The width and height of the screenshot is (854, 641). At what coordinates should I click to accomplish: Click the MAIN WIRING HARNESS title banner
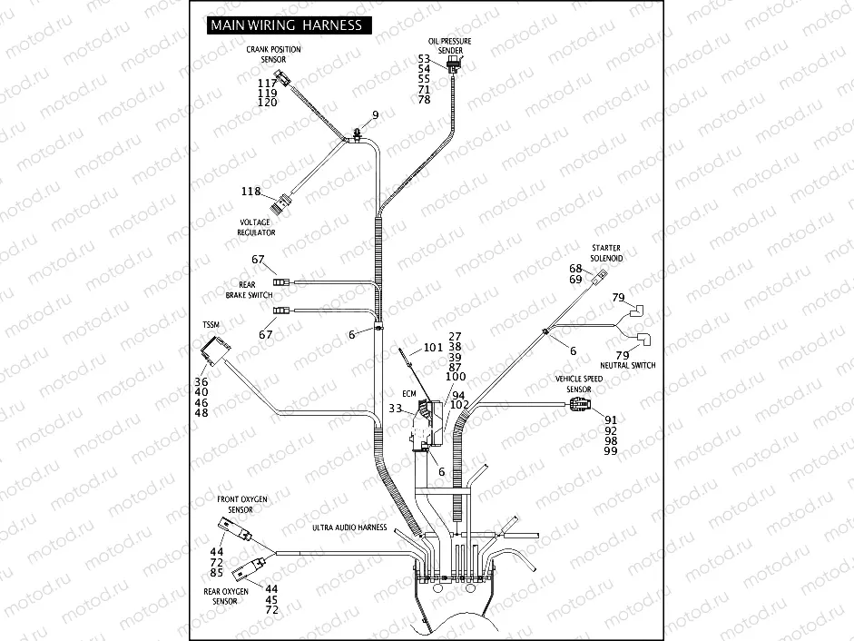click(x=286, y=25)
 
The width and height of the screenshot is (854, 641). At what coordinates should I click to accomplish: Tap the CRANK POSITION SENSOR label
click(x=273, y=54)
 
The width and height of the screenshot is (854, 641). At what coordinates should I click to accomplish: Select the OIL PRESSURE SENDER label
click(x=450, y=46)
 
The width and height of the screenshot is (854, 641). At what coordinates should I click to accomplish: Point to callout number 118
click(x=250, y=192)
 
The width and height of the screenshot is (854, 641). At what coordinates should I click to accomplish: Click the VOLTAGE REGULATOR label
click(x=257, y=227)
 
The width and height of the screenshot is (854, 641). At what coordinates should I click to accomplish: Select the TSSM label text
click(x=211, y=324)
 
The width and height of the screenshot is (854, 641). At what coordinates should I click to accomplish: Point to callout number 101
click(x=433, y=347)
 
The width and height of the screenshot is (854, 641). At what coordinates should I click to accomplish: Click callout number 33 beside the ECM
click(x=396, y=409)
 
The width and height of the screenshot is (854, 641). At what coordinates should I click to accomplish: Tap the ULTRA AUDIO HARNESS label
click(x=349, y=528)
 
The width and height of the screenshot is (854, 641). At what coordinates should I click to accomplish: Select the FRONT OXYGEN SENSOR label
click(x=241, y=505)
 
